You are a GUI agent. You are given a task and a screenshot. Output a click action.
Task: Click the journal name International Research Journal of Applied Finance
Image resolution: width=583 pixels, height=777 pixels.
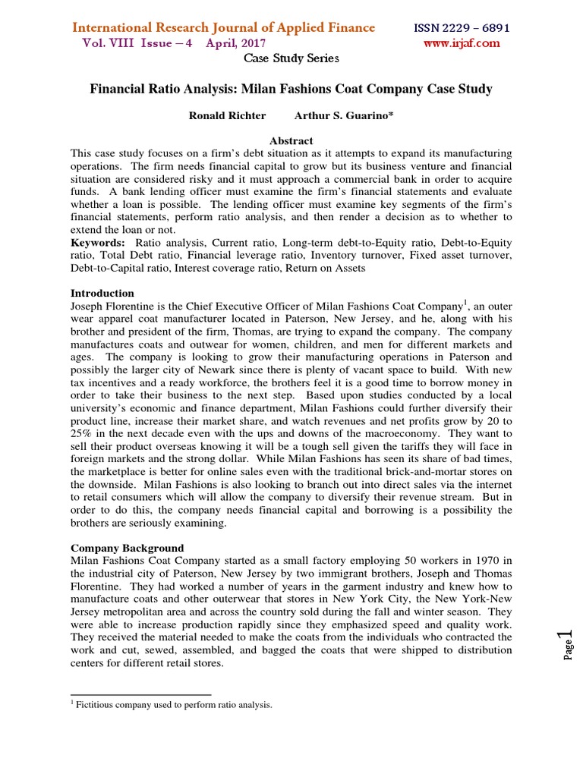pyautogui.click(x=223, y=28)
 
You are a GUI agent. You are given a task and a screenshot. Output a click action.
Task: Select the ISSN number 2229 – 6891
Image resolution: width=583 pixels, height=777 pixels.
pyautogui.click(x=461, y=28)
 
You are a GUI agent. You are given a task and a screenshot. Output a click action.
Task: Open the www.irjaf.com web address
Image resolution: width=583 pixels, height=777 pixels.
pyautogui.click(x=462, y=43)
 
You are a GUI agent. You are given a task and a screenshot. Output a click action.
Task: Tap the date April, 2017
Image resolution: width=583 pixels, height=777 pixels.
pyautogui.click(x=232, y=43)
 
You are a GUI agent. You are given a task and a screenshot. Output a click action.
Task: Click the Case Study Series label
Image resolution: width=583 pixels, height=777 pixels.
pyautogui.click(x=291, y=58)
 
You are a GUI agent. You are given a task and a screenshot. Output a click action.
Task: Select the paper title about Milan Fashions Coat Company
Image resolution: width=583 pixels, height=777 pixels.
pyautogui.click(x=291, y=89)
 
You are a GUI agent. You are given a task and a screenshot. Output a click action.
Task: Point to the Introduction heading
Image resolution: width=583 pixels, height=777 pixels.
pyautogui.click(x=102, y=293)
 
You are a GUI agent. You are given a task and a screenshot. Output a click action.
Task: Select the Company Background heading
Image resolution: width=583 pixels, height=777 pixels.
pyautogui.click(x=127, y=547)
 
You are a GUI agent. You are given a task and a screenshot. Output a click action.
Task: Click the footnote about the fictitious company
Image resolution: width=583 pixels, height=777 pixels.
pyautogui.click(x=175, y=705)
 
